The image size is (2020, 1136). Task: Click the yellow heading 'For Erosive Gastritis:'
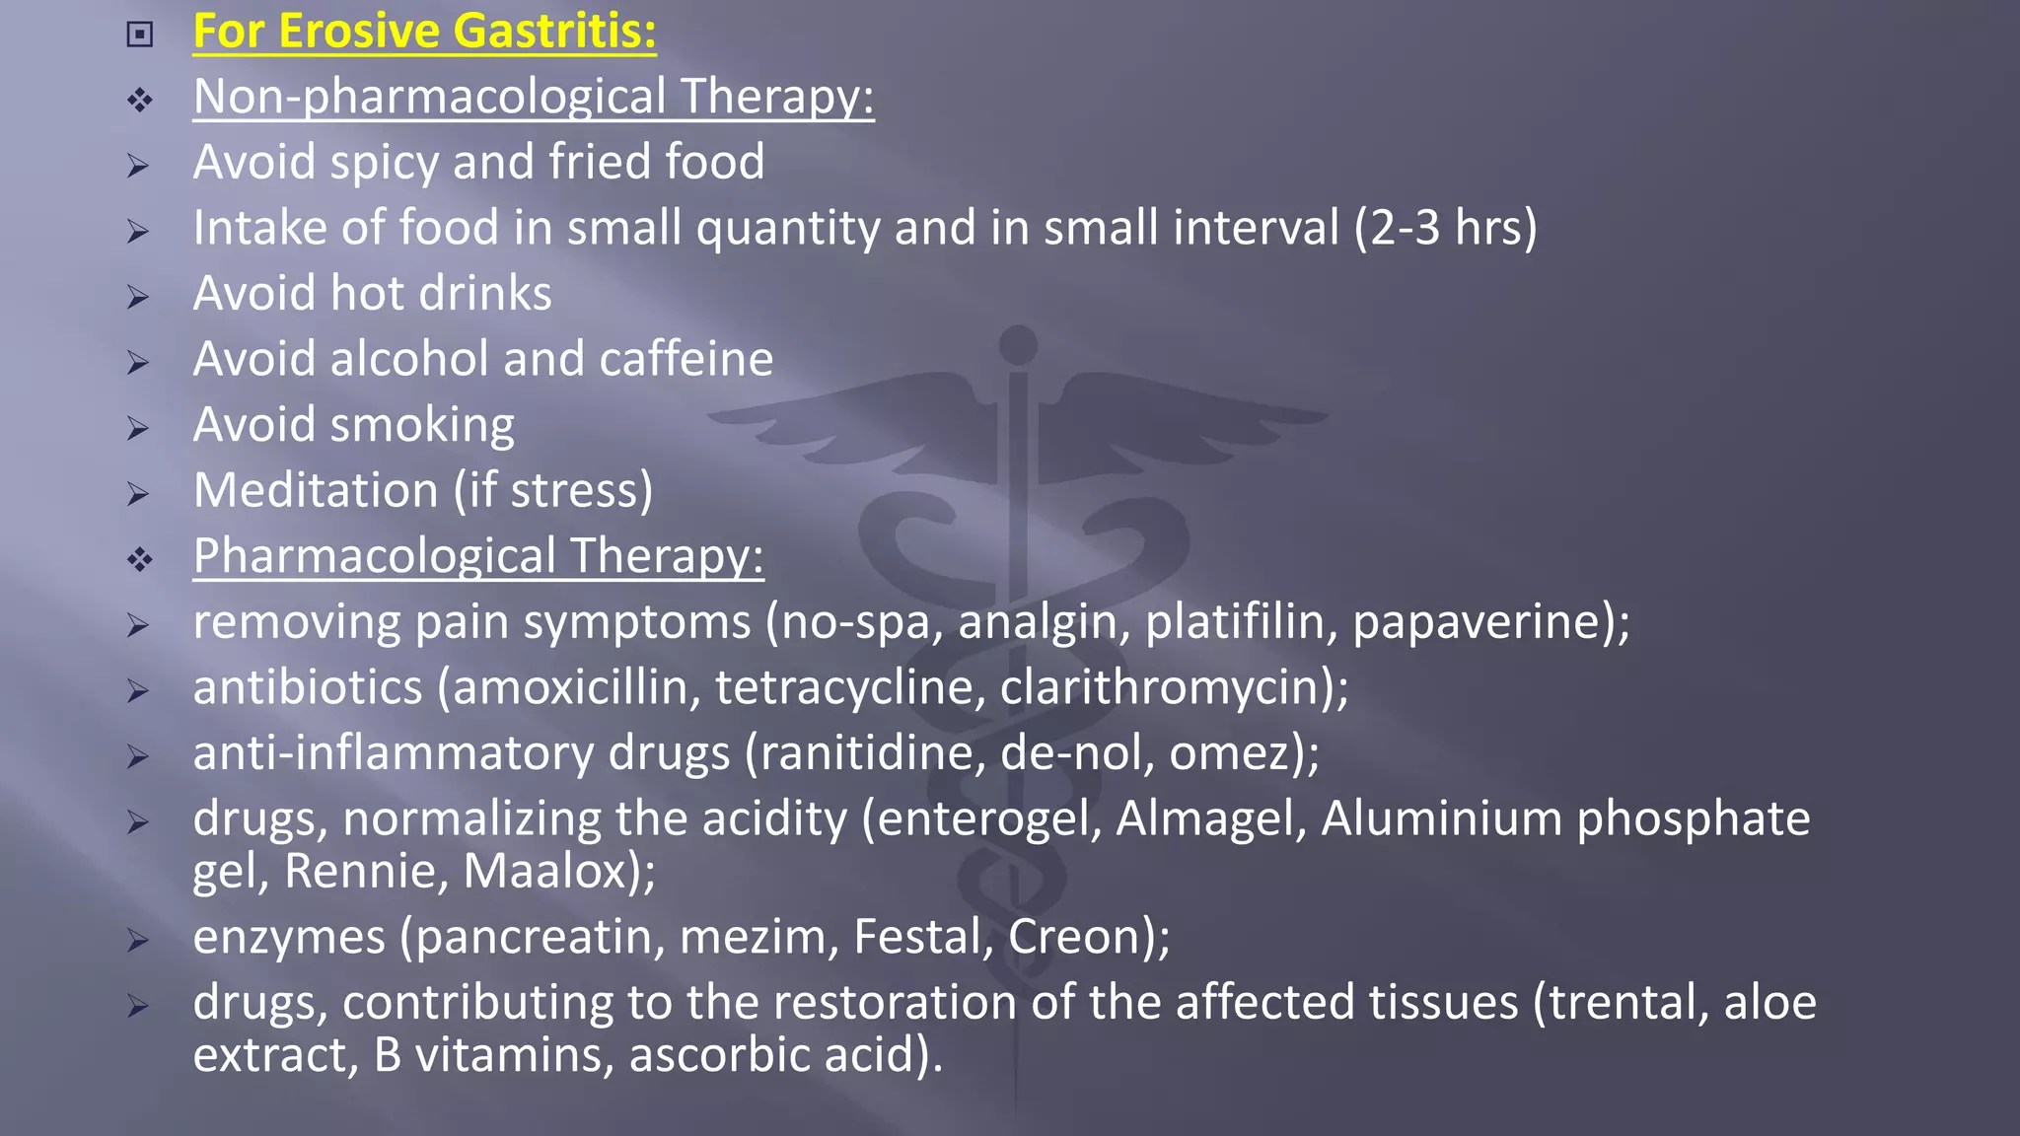[424, 32]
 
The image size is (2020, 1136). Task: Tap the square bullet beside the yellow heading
[140, 35]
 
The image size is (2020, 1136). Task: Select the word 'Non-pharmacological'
[430, 98]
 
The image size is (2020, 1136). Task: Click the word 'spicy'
[386, 163]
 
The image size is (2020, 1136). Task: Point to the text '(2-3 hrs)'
[1445, 229]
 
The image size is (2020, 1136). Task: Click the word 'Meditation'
[316, 491]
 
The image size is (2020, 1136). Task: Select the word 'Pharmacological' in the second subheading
[375, 557]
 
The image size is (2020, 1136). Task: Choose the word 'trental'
[1626, 1003]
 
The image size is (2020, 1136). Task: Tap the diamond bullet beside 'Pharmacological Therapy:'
[140, 560]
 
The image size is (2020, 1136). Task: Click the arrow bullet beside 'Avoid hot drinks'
[138, 297]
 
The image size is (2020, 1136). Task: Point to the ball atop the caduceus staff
[1018, 345]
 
